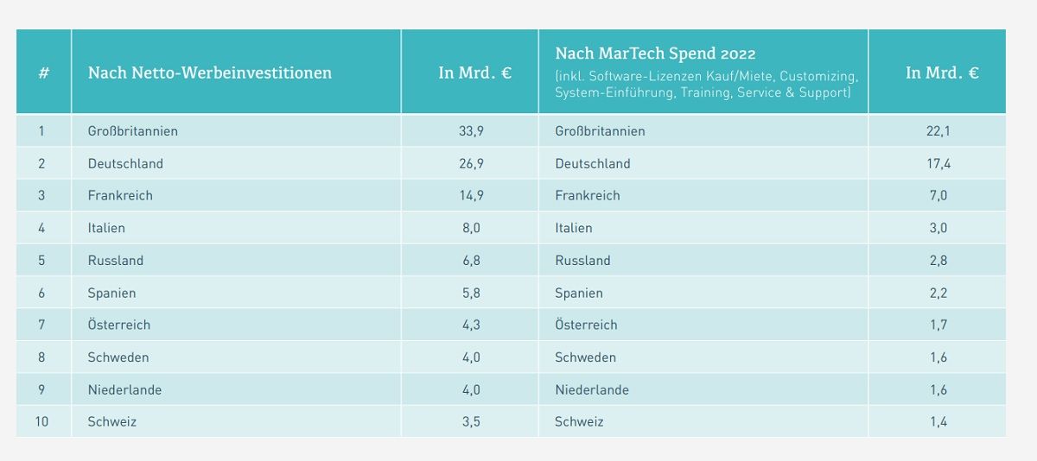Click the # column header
click(44, 73)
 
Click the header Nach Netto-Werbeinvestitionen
click(210, 73)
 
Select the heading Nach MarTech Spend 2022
click(655, 54)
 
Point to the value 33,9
click(471, 131)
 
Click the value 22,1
click(938, 131)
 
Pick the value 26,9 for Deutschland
click(471, 163)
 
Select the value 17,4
click(938, 163)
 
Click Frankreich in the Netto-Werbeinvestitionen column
click(120, 195)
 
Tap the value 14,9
click(471, 195)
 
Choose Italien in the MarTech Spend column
click(574, 228)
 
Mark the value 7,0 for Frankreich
click(938, 195)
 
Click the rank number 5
click(41, 261)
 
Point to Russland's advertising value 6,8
click(471, 261)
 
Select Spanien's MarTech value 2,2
click(938, 293)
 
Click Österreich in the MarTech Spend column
click(586, 325)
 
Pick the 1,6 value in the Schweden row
click(938, 357)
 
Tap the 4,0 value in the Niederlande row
click(471, 390)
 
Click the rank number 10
click(41, 421)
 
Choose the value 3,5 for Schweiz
click(471, 421)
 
